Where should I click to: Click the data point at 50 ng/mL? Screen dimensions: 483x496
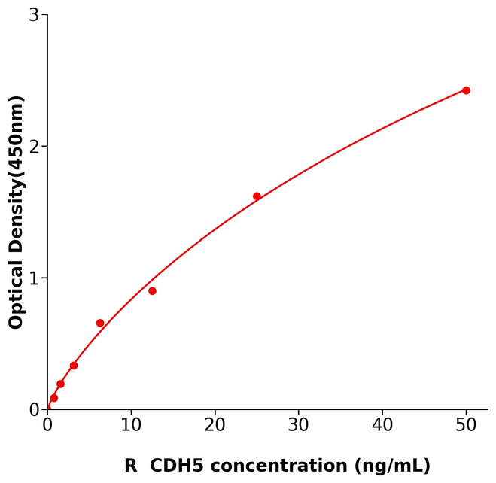click(x=466, y=90)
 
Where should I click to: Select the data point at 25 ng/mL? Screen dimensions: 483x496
click(x=257, y=196)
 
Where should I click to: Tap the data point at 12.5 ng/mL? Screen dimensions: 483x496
click(x=152, y=291)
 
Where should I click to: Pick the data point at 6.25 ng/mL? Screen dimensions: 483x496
click(x=100, y=324)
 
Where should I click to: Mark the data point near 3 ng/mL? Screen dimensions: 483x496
click(x=74, y=366)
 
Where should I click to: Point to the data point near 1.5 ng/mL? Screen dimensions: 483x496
click(x=60, y=384)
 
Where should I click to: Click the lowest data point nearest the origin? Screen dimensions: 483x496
click(x=53, y=398)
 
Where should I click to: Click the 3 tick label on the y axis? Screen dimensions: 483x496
click(x=34, y=15)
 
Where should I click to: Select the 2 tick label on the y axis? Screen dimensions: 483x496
click(x=34, y=147)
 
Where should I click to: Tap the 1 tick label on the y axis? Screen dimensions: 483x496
click(x=34, y=278)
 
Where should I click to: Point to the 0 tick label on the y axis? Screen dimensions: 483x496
click(x=34, y=410)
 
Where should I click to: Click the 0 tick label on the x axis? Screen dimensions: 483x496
click(x=47, y=426)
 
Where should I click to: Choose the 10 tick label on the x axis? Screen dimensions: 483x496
click(x=131, y=426)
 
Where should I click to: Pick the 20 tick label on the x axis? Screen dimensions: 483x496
click(x=215, y=426)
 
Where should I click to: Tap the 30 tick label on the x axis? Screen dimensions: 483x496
click(x=299, y=426)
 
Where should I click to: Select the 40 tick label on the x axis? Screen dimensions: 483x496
click(x=382, y=426)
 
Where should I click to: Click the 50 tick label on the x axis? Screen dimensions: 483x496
click(x=466, y=426)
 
